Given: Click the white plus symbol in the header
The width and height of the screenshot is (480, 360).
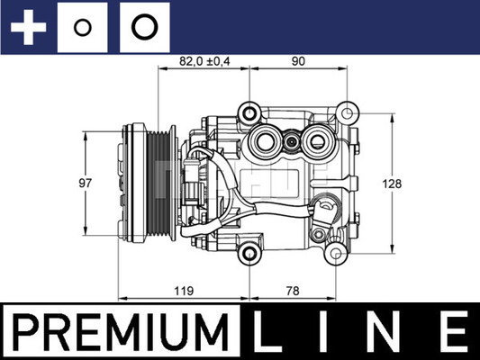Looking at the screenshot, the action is [x=28, y=27].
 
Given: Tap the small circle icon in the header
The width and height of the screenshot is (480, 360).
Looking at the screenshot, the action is [x=82, y=28].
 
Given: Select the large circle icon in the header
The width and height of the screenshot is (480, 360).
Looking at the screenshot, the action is [x=145, y=27].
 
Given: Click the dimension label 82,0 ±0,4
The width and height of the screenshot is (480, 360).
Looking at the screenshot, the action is [x=204, y=61].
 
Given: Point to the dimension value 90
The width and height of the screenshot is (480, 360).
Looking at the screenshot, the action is [x=298, y=61].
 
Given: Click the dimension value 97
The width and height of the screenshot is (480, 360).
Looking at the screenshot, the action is [x=85, y=183].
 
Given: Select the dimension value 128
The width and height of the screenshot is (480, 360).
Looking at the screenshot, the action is [x=392, y=184].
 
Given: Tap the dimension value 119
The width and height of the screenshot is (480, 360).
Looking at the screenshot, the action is [x=184, y=291].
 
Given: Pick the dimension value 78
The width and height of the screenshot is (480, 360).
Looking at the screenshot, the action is [x=293, y=291].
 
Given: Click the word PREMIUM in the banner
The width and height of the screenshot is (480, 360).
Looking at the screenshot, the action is [x=121, y=332].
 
